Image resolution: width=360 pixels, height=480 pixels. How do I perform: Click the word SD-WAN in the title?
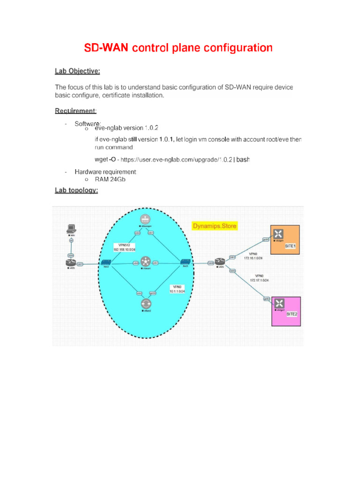(x=106, y=48)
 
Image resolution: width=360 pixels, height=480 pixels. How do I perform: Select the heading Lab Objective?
(x=77, y=71)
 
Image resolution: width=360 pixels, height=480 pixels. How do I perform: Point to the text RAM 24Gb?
(x=110, y=180)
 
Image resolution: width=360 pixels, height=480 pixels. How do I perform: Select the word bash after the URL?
(x=243, y=160)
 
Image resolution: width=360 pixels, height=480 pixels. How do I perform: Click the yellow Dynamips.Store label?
(x=215, y=226)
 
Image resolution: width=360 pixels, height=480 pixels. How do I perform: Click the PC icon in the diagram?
(x=71, y=229)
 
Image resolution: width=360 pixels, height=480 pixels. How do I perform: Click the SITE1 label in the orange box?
(x=291, y=246)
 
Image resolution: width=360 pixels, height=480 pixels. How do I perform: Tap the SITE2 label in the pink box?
(x=292, y=314)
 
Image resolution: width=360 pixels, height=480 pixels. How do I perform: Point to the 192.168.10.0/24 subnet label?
(x=124, y=249)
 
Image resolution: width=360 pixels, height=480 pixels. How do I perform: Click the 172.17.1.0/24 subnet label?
(x=262, y=280)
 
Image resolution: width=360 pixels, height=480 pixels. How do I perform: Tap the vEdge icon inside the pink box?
(x=280, y=303)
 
